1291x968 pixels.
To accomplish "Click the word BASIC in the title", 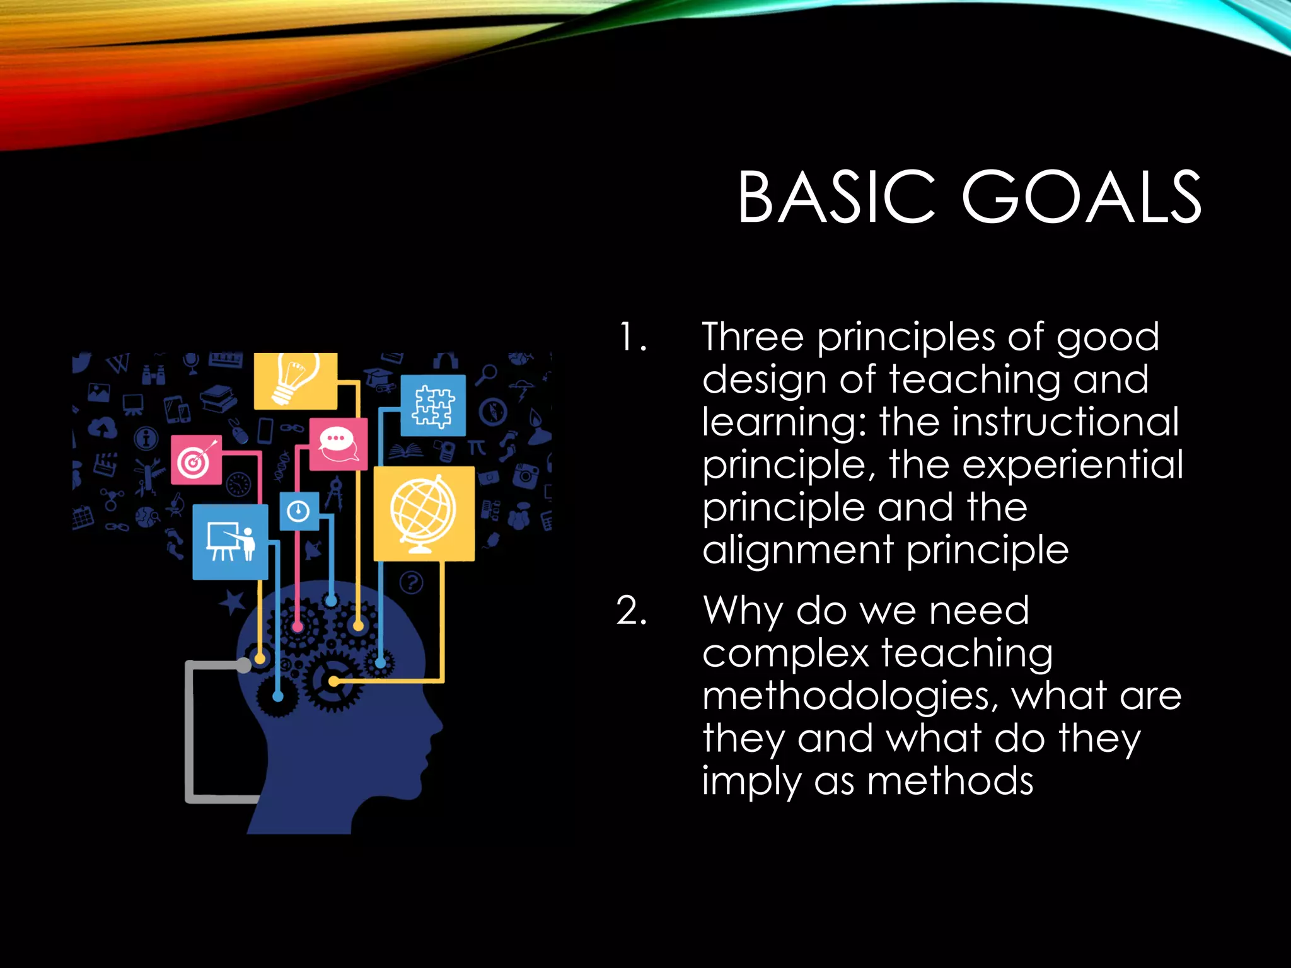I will (837, 198).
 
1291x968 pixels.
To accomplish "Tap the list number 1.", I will (632, 337).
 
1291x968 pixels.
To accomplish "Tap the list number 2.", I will (632, 611).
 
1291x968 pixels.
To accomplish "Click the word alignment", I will (797, 551).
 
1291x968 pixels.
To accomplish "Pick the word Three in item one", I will (753, 337).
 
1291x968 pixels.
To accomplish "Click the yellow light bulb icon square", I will (295, 381).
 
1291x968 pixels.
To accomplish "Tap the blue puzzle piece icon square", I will (433, 406).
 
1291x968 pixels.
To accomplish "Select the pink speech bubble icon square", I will (338, 444).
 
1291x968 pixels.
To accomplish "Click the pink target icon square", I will (196, 460).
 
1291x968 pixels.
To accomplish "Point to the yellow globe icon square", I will (424, 513).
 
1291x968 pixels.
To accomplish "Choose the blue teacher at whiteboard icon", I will (230, 542).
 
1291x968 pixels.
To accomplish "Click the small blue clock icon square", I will (299, 510).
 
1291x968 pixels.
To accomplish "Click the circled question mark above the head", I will (412, 582).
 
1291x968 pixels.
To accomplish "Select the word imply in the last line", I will (751, 781).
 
